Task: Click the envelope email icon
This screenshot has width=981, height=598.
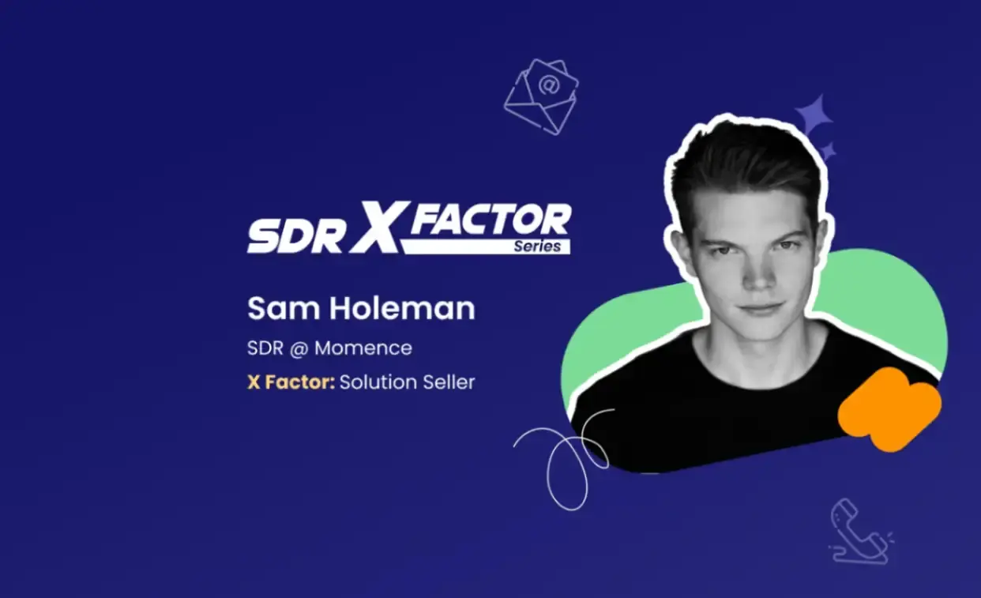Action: [x=541, y=97]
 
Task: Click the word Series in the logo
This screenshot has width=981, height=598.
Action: [x=537, y=246]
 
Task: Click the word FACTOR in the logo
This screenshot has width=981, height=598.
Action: [x=490, y=219]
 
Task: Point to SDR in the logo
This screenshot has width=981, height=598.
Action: [x=295, y=235]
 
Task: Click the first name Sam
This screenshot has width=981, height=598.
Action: [x=284, y=308]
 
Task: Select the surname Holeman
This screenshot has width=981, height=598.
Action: [x=402, y=308]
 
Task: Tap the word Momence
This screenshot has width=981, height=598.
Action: [x=363, y=348]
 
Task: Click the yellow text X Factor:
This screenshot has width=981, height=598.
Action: [x=291, y=382]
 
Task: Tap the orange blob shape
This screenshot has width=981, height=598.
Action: [x=889, y=410]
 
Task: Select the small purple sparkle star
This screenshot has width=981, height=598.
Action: [x=828, y=152]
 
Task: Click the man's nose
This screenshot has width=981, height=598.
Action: [x=757, y=274]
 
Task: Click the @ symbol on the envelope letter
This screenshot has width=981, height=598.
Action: [x=549, y=85]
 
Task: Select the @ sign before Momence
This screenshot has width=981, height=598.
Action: [x=299, y=348]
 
